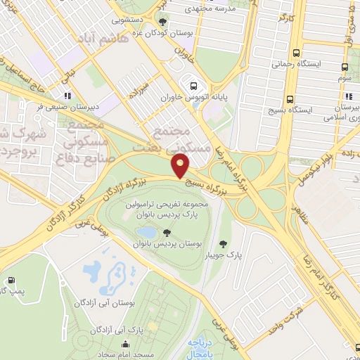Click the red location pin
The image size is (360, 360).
pyautogui.click(x=181, y=166)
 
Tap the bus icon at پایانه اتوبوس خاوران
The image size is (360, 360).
pyautogui.click(x=192, y=87)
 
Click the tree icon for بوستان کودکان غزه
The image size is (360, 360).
pyautogui.click(x=164, y=22)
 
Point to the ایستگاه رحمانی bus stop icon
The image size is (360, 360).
pyautogui.click(x=296, y=53)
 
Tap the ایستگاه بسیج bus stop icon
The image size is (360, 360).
pyautogui.click(x=290, y=99)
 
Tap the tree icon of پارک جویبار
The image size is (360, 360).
pyautogui.click(x=223, y=244)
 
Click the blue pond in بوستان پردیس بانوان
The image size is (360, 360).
pyautogui.click(x=147, y=232)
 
